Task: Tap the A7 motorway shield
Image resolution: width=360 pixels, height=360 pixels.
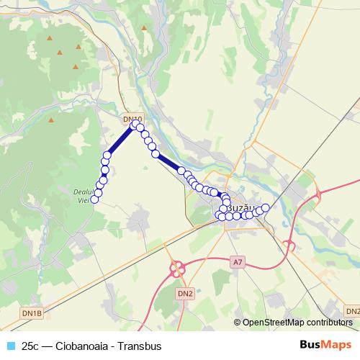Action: (238, 262)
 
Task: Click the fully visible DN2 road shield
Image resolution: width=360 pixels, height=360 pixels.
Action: (185, 293)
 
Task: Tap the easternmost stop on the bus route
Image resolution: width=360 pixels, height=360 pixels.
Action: (265, 208)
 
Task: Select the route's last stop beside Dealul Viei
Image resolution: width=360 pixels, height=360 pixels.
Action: (94, 199)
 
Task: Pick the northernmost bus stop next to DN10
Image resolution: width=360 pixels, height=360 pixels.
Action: (134, 125)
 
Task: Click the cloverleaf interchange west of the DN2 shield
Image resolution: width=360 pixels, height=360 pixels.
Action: (176, 269)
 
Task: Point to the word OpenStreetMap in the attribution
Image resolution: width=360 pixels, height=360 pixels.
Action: (273, 322)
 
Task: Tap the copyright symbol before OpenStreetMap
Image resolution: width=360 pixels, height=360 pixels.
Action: (238, 322)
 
